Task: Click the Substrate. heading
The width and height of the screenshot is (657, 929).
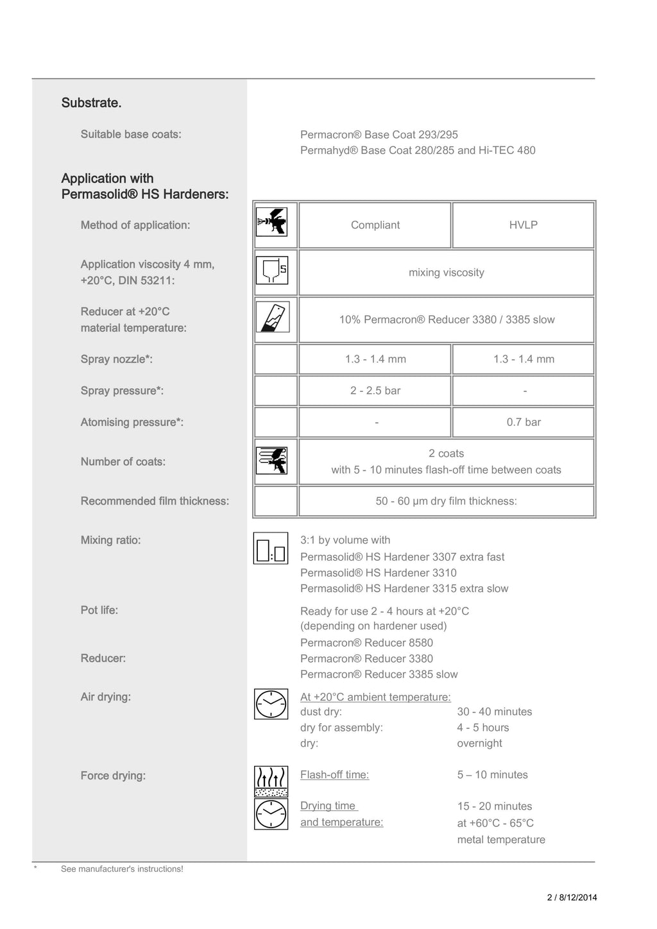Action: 91,103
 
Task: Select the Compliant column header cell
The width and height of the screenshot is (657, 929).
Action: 375,225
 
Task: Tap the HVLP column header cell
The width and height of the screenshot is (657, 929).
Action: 523,225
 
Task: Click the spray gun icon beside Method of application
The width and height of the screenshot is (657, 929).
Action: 272,222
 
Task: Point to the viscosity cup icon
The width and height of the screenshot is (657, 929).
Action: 272,270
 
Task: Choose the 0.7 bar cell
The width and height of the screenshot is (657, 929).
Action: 523,422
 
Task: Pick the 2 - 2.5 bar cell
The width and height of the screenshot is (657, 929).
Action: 375,391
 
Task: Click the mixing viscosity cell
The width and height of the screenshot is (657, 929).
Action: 446,273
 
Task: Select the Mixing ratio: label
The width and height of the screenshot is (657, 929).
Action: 110,540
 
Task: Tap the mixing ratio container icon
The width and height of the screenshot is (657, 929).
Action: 271,548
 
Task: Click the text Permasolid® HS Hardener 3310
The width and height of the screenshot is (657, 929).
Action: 379,573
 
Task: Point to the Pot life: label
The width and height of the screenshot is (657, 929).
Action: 99,610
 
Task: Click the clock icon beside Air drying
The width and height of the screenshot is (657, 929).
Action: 271,704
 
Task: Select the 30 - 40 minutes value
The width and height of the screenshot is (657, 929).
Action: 495,712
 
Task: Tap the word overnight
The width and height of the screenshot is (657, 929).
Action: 479,743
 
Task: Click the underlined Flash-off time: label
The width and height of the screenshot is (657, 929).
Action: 334,774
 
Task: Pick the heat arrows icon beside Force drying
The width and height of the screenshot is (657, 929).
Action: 271,781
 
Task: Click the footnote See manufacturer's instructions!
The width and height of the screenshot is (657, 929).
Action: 122,869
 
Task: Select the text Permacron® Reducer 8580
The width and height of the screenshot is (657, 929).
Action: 366,643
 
